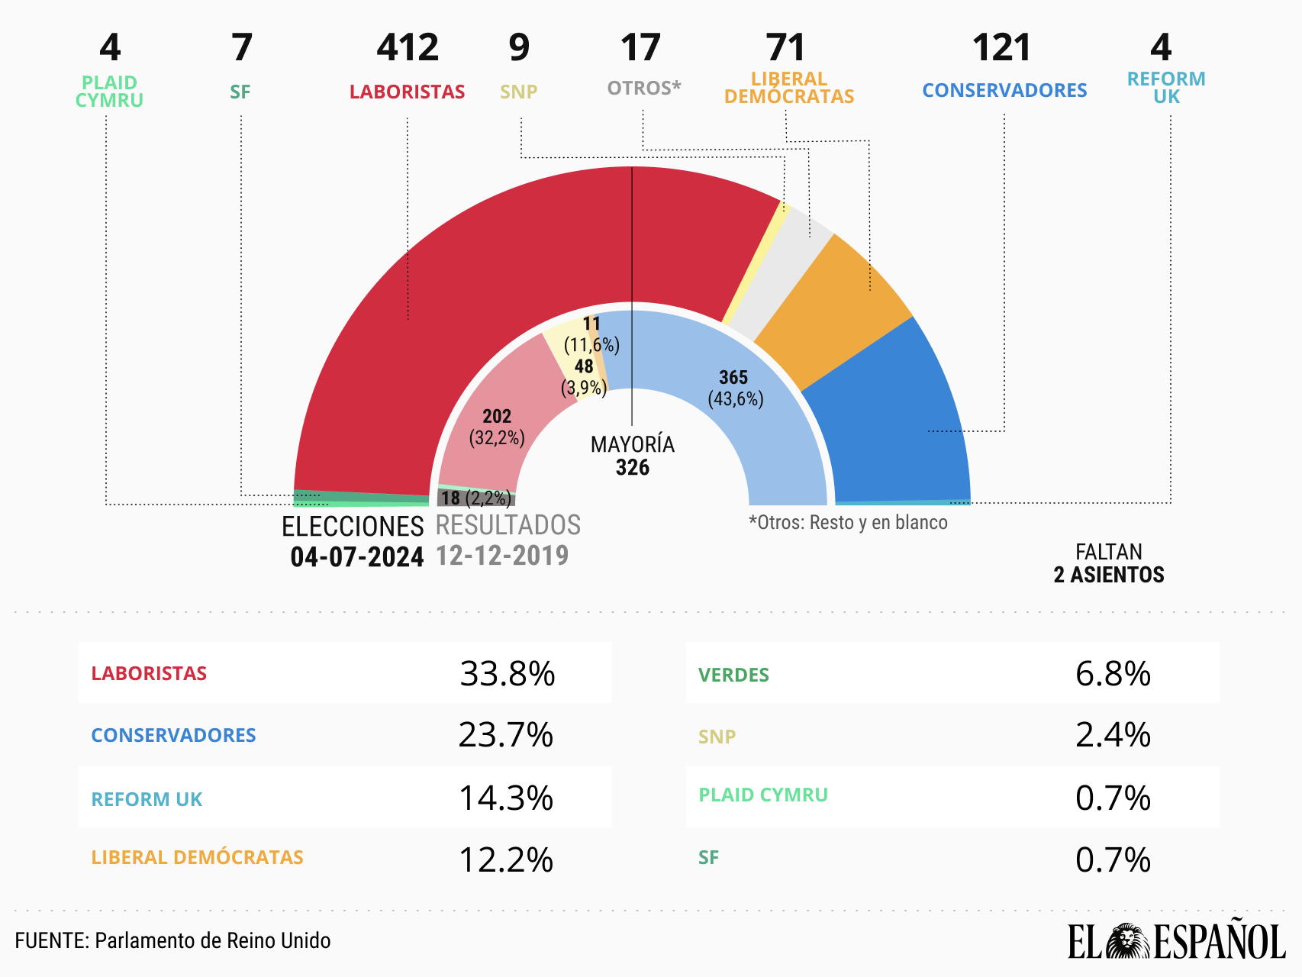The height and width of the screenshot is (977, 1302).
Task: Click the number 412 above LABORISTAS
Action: pos(408,48)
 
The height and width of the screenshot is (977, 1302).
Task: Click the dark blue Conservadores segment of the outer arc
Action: pos(893,427)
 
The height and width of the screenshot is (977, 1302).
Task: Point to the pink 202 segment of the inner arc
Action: pos(496,427)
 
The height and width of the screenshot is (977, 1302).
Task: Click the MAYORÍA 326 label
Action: pos(632,456)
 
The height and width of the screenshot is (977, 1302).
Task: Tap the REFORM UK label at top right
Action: pos(1165,88)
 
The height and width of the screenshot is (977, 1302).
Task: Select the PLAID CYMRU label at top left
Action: pos(109,92)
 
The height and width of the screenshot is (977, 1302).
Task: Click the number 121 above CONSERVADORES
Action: pos(1001,48)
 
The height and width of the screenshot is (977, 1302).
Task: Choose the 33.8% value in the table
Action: pos(507,674)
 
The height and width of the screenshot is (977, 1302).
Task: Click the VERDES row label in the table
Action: pos(733,676)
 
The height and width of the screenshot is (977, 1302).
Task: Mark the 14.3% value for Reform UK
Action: pos(505,798)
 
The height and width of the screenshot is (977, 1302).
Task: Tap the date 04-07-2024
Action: pos(356,557)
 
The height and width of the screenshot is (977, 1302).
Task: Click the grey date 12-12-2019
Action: pos(502,556)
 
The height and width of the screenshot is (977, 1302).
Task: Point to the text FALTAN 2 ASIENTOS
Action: pos(1108,563)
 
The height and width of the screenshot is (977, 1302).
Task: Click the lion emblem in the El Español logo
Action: pos(1128,941)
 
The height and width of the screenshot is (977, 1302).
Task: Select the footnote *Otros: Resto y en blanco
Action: pos(848,523)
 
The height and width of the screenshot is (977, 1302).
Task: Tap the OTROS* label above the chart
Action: pos(643,89)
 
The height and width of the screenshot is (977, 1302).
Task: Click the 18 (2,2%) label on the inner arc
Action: pos(475,498)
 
